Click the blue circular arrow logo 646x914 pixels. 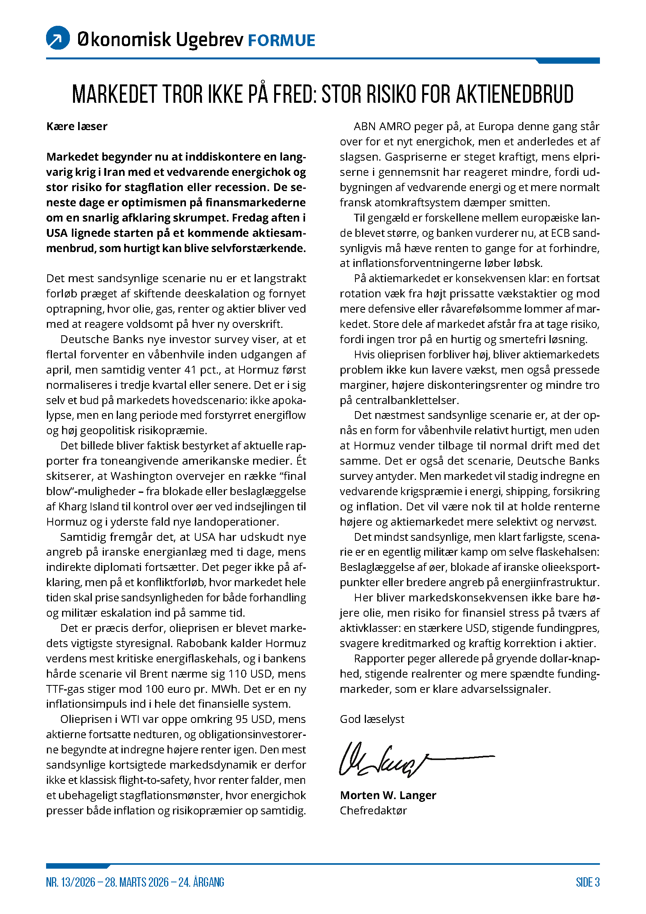click(58, 38)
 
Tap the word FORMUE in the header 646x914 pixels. click(281, 41)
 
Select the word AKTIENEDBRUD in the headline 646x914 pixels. click(514, 94)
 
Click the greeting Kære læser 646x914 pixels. click(77, 127)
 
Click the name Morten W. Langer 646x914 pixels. click(388, 795)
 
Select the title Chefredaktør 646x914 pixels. click(373, 810)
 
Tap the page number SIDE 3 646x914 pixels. click(587, 882)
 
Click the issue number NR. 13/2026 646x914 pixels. click(70, 882)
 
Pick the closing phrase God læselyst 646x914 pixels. click(371, 719)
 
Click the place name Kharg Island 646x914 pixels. click(89, 506)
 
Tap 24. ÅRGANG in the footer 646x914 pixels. click(201, 882)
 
